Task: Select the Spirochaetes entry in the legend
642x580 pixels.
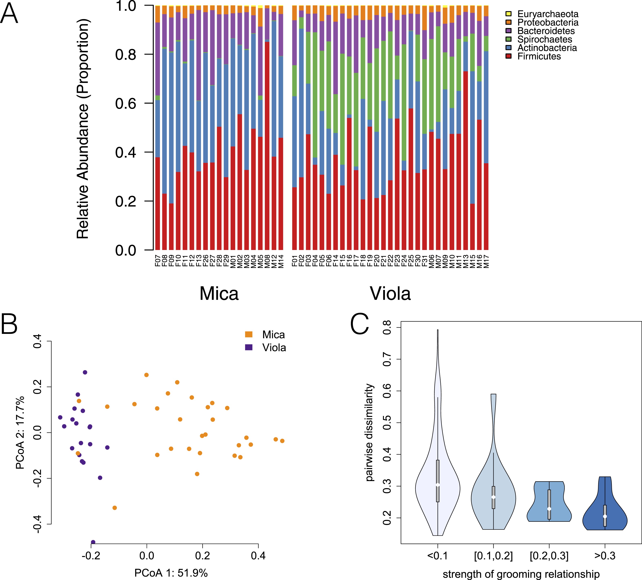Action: pos(545,39)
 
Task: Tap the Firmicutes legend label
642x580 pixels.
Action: pos(539,56)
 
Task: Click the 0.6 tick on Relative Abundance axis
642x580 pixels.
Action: pos(125,103)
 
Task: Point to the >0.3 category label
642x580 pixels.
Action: pos(605,556)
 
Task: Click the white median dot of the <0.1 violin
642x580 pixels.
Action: pos(438,485)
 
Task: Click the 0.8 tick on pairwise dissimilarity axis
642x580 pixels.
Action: pos(387,328)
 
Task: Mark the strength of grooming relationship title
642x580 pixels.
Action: pos(521,574)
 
